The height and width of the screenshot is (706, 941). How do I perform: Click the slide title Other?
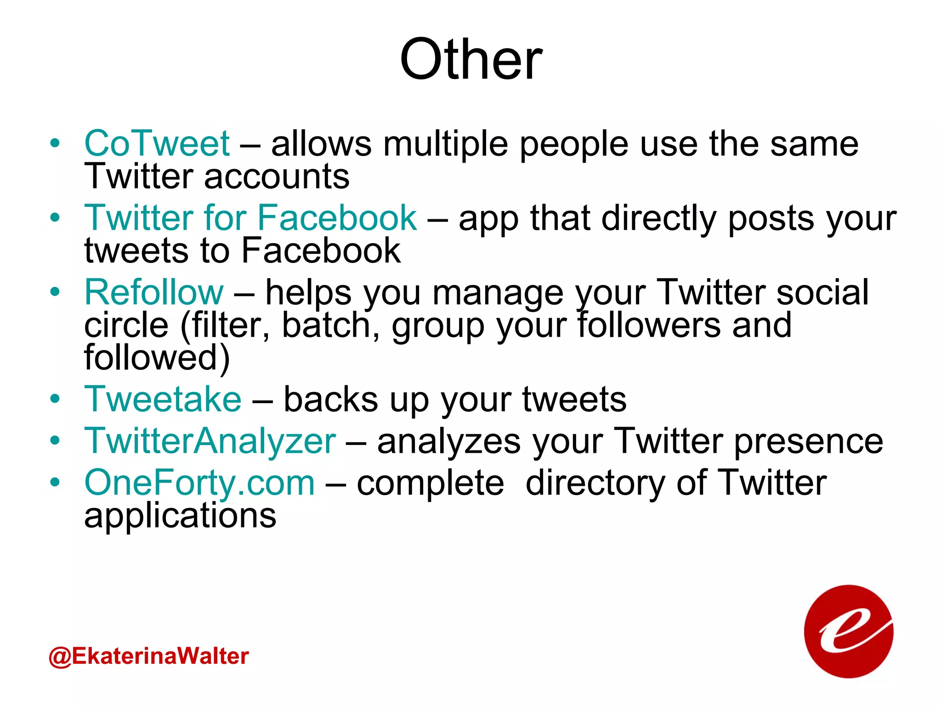[x=470, y=60]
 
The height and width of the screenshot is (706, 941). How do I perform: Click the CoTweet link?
[x=157, y=143]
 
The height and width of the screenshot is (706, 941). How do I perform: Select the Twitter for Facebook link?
[x=250, y=218]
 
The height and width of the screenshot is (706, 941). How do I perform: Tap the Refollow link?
[x=154, y=292]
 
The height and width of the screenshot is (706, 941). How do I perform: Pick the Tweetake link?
[x=163, y=399]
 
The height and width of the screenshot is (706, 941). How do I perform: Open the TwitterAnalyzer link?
[x=210, y=441]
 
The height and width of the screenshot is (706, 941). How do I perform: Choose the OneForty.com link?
[x=200, y=483]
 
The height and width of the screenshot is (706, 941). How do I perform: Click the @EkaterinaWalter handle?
[x=148, y=656]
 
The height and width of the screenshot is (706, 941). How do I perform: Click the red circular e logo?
[x=848, y=632]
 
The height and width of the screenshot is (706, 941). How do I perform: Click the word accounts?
[x=277, y=177]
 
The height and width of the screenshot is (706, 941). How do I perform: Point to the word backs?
[x=331, y=399]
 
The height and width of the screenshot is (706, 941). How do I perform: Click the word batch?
[x=331, y=325]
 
